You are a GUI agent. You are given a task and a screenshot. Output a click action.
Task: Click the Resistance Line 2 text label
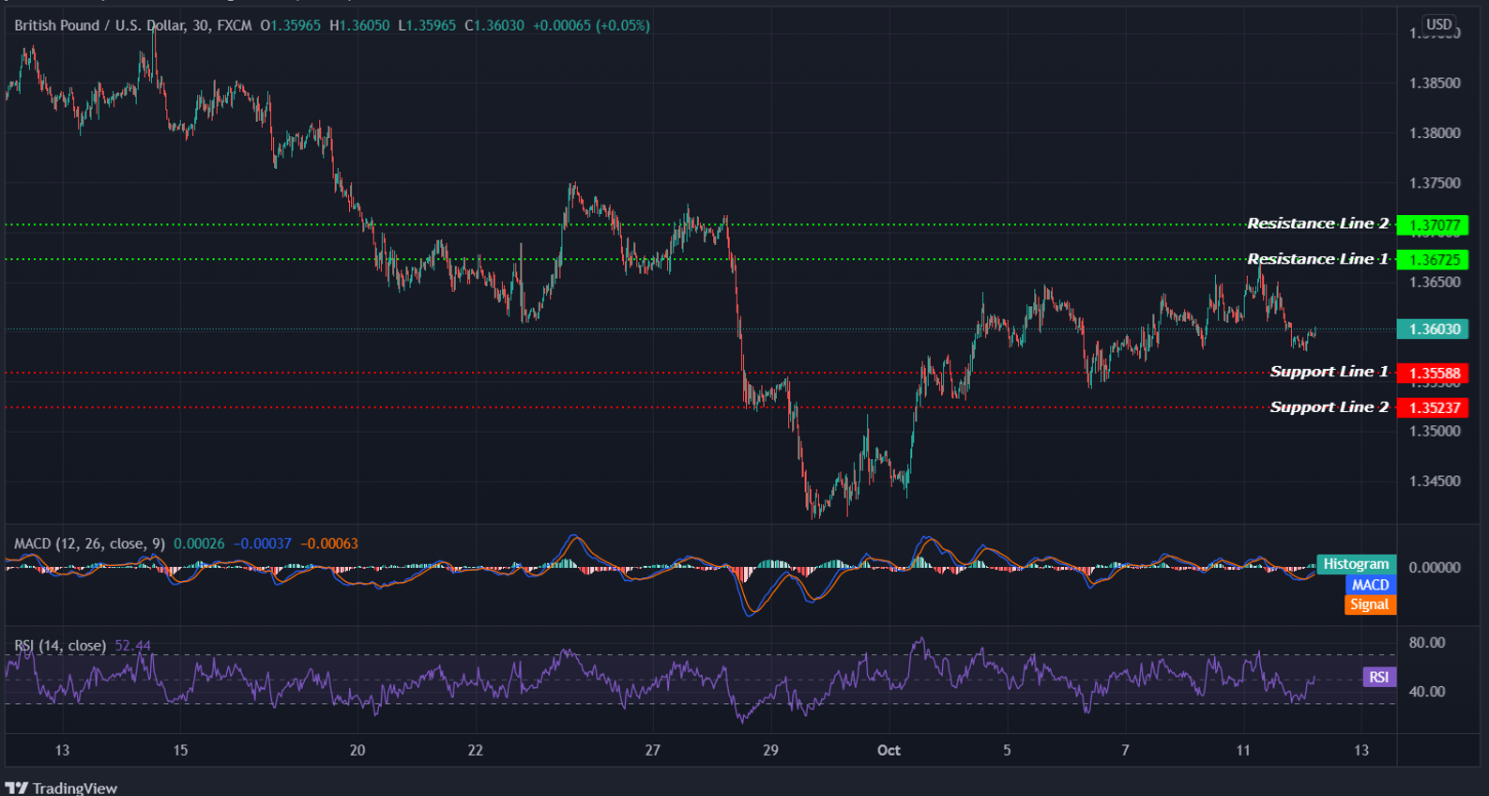coord(1317,223)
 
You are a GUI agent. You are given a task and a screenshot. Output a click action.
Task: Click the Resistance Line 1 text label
coord(1317,259)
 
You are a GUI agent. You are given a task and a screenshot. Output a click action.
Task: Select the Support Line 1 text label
coord(1329,372)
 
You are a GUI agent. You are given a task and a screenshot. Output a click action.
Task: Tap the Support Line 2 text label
coord(1329,407)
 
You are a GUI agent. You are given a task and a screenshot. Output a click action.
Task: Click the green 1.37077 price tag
coord(1434,225)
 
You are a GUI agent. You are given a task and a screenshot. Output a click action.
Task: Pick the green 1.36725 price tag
coord(1434,260)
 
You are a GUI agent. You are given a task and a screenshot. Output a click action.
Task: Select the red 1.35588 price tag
coord(1434,374)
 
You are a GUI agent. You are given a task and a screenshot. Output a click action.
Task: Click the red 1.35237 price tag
coord(1434,407)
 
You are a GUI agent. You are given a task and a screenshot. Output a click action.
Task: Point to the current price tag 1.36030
coord(1434,329)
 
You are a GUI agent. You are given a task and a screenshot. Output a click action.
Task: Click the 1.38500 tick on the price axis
coord(1435,84)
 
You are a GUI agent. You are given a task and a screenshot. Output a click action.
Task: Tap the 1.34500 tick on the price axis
coord(1435,482)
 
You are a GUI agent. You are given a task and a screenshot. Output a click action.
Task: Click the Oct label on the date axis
coord(889,750)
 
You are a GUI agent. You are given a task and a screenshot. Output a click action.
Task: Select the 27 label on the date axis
coord(652,750)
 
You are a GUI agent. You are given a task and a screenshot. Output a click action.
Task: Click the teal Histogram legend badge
coord(1356,564)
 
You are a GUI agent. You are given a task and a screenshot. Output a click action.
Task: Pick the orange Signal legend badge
coord(1370,605)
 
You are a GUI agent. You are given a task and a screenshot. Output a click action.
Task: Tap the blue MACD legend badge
coord(1370,585)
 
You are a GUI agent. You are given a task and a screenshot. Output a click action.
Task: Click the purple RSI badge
coord(1378,677)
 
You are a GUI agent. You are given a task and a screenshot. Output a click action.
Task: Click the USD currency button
coord(1438,24)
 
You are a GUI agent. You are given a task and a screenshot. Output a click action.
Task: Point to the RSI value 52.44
coord(132,646)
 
